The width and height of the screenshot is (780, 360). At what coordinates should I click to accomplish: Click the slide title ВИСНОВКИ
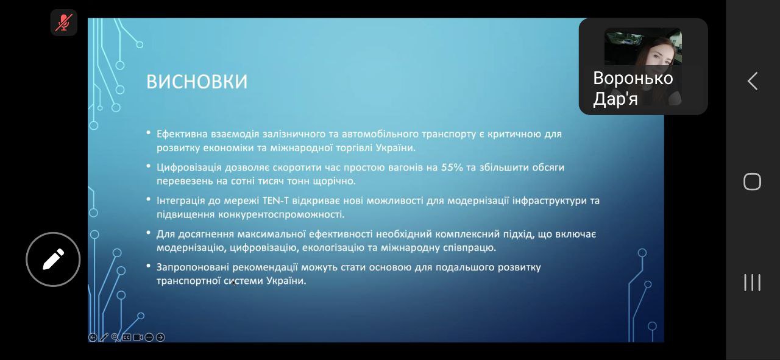point(197,82)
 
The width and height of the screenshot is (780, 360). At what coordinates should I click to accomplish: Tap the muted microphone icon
point(64,23)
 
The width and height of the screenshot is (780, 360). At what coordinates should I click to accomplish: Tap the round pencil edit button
point(53,259)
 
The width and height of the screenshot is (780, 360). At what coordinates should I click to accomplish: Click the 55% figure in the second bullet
point(452,168)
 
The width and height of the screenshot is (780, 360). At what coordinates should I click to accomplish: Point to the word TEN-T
point(275,200)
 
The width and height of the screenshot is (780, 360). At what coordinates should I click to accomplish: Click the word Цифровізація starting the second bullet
point(189,168)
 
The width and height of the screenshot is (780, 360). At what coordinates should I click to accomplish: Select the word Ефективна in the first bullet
point(182,134)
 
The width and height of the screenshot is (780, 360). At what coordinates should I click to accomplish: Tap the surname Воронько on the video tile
point(633,78)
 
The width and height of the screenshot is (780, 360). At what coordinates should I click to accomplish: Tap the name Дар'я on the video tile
point(615,99)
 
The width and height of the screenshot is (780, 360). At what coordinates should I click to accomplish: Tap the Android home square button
point(752,182)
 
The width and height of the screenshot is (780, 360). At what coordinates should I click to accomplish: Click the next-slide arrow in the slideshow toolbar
point(160,337)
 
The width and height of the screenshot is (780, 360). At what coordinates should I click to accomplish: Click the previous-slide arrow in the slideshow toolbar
point(93,337)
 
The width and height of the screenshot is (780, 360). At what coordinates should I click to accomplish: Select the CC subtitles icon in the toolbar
point(127,337)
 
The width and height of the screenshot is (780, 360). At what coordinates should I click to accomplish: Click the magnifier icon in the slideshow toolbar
point(115,337)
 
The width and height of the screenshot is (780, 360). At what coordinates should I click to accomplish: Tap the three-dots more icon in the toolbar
point(149,337)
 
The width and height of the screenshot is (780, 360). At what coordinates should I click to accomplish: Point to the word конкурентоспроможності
point(281,214)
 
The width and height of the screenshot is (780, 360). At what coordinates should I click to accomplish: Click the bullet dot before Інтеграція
point(148,199)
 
